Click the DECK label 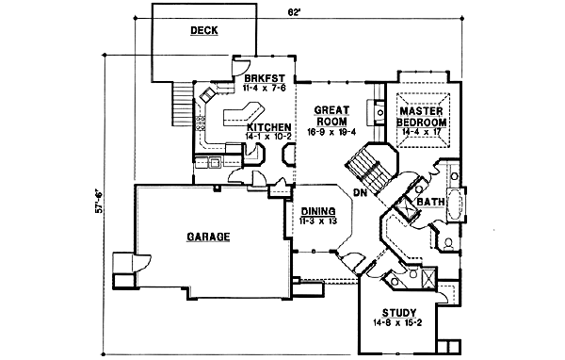tap(203, 30)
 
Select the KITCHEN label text tap(268, 126)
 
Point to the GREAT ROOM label tap(331, 115)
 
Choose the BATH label tap(430, 202)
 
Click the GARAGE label tap(207, 237)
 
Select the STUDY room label tap(400, 313)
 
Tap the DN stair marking tap(359, 192)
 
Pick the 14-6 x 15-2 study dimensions tap(400, 324)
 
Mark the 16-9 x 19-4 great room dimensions tap(331, 132)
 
